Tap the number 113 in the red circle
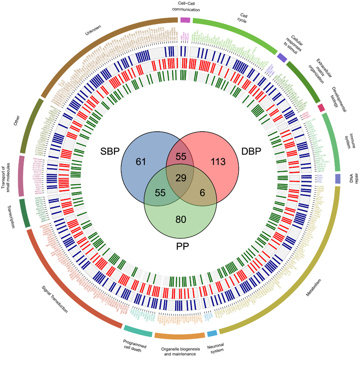(218, 162)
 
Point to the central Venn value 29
(181, 177)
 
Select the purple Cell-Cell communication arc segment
(185, 20)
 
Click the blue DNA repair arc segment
(338, 179)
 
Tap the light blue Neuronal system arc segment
(212, 334)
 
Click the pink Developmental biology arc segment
(321, 108)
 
